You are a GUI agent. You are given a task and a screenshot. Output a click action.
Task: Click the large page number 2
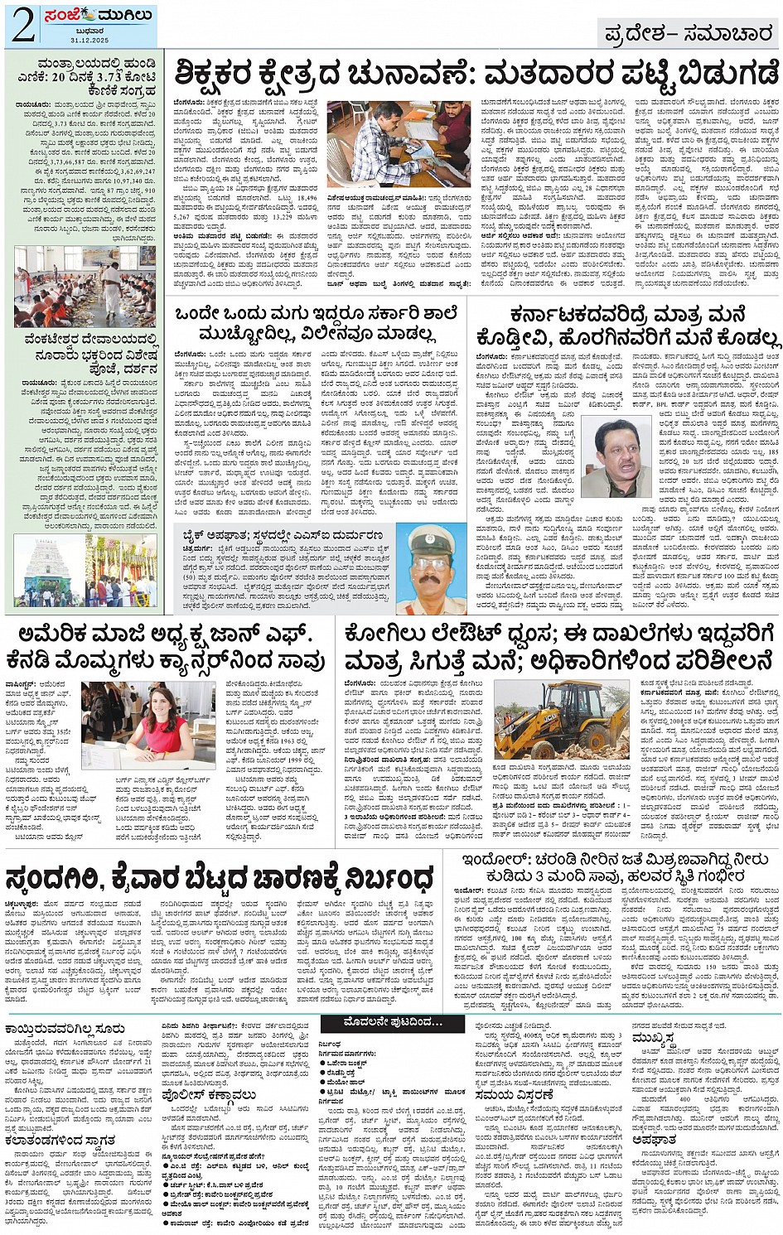(23, 25)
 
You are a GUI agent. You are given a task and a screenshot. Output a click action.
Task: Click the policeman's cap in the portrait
(432, 536)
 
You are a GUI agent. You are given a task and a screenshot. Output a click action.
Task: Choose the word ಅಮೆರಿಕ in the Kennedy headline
(51, 635)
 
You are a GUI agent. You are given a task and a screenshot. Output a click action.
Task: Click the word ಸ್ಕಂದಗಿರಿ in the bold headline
(68, 876)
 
